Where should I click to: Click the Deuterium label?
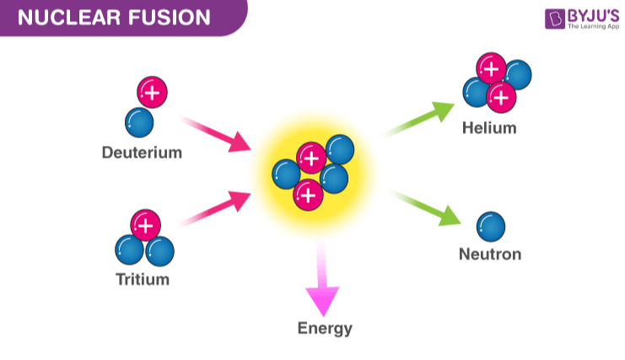(142, 153)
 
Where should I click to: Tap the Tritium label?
(143, 279)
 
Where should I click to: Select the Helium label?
(489, 129)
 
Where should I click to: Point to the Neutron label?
(490, 254)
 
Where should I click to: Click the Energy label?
(325, 328)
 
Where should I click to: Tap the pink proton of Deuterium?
(152, 92)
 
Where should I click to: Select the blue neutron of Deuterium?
(139, 121)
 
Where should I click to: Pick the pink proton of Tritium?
(145, 225)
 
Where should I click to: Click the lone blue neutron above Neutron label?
(491, 225)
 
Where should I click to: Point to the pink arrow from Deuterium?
(217, 135)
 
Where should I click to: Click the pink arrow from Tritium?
(217, 207)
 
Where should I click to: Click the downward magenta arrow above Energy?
(321, 278)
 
